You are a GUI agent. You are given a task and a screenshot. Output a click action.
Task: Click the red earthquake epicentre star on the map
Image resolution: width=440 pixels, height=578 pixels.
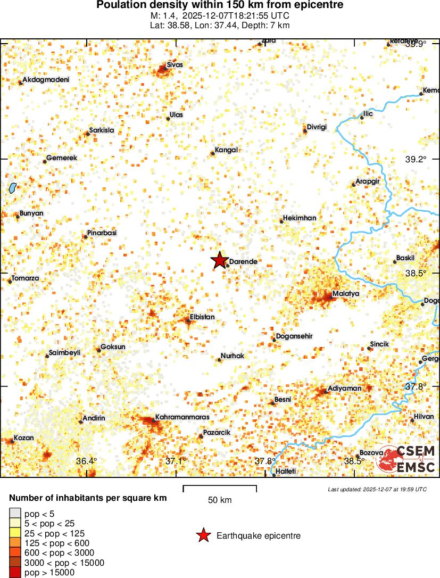pyautogui.click(x=219, y=260)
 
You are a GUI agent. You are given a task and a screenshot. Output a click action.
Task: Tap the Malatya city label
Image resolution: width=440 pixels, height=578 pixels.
pyautogui.click(x=346, y=294)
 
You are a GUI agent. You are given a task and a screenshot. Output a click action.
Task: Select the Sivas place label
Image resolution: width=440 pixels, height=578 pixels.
pyautogui.click(x=175, y=65)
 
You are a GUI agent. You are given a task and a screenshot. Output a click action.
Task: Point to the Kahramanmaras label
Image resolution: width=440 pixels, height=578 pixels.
pyautogui.click(x=182, y=417)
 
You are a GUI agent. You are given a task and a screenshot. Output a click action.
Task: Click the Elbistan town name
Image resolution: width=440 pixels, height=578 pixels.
pyautogui.click(x=202, y=317)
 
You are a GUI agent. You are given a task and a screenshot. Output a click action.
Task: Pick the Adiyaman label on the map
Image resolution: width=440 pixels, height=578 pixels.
pyautogui.click(x=344, y=389)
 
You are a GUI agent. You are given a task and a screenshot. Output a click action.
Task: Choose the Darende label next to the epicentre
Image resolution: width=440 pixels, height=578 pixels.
pyautogui.click(x=243, y=262)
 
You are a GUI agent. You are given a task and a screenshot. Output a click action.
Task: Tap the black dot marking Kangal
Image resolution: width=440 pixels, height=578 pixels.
pyautogui.click(x=213, y=153)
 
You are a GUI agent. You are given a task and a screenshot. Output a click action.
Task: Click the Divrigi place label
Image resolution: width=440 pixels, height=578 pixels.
pyautogui.click(x=317, y=127)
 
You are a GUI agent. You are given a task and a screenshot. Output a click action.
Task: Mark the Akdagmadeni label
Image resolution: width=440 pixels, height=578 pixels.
pyautogui.click(x=46, y=80)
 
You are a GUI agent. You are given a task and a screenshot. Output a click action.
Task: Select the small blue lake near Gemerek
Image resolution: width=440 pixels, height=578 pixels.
pyautogui.click(x=12, y=187)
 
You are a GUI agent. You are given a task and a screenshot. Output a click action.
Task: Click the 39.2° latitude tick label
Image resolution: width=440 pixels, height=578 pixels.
pyautogui.click(x=416, y=159)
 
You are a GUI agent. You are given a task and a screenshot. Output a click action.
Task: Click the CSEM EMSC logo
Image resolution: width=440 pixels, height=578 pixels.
pyautogui.click(x=405, y=459)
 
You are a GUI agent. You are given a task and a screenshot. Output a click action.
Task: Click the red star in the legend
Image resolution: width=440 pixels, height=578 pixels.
pyautogui.click(x=203, y=536)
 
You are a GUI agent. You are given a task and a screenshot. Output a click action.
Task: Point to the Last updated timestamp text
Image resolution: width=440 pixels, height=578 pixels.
pyautogui.click(x=377, y=489)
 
